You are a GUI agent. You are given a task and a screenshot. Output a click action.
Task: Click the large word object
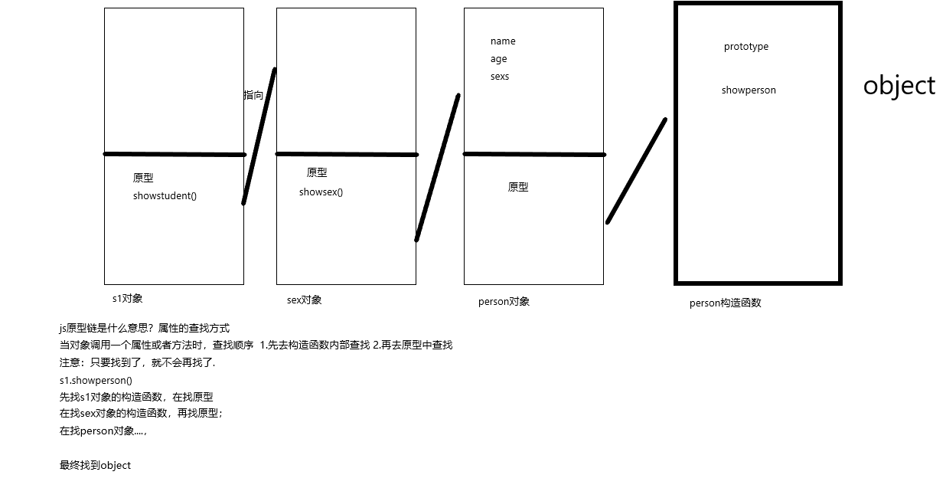(899, 86)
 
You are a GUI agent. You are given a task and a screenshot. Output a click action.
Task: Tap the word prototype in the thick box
(745, 47)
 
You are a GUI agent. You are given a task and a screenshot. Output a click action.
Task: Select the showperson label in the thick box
(748, 90)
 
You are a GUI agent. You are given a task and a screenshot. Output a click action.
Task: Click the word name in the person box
(503, 41)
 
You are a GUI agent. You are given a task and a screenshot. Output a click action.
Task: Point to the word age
(498, 59)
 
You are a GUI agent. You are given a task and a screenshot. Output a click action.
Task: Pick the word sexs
(499, 77)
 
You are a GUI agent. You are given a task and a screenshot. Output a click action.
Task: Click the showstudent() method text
(165, 196)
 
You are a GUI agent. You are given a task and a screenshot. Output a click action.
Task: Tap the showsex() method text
(321, 192)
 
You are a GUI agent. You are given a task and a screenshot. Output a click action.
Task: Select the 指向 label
(253, 96)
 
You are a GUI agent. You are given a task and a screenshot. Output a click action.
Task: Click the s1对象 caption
(127, 298)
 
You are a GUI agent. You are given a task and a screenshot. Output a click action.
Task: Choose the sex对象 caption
(304, 300)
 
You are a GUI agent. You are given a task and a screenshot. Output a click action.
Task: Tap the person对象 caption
(504, 302)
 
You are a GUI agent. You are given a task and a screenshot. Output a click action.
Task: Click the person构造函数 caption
(725, 303)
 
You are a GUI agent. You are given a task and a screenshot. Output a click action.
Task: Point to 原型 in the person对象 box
(517, 187)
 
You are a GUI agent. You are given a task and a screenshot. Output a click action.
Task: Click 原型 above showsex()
(316, 173)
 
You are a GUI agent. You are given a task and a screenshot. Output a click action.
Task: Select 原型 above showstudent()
(142, 178)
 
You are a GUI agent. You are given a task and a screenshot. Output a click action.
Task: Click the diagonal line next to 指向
(259, 136)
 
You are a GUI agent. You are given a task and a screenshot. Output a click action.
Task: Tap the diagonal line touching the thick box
(636, 171)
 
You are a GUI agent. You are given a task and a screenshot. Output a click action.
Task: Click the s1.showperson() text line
(96, 380)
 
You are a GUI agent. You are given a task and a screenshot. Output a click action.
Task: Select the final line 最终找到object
(95, 465)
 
